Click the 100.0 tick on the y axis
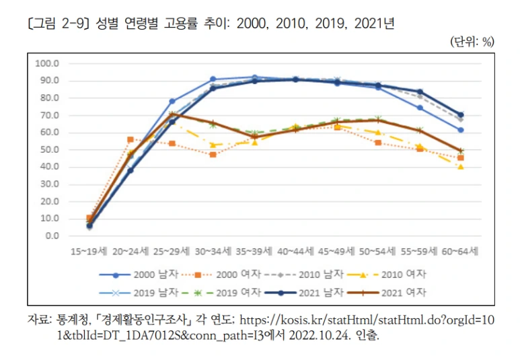pyautogui.click(x=50, y=64)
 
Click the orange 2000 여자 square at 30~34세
pyautogui.click(x=213, y=154)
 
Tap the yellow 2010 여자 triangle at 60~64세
pyautogui.click(x=460, y=166)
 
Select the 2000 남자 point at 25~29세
pyautogui.click(x=172, y=101)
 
